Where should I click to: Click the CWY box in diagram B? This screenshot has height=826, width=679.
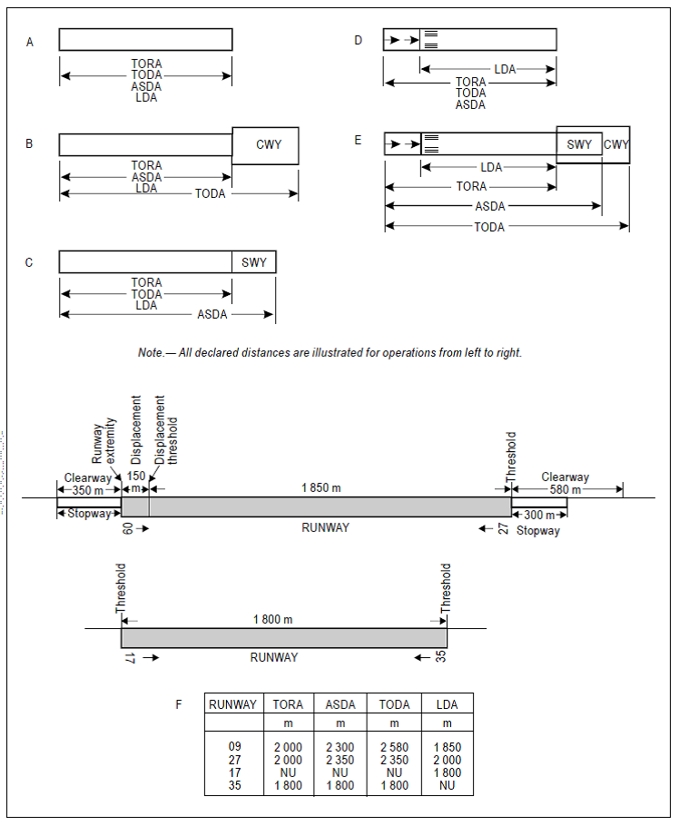265,145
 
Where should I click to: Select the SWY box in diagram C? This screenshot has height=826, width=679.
254,262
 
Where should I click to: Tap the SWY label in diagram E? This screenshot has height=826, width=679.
579,144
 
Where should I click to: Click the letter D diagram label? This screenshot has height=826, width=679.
358,41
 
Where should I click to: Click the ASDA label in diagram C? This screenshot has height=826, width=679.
212,315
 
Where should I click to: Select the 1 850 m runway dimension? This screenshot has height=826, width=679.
320,487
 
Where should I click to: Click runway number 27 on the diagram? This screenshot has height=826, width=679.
504,528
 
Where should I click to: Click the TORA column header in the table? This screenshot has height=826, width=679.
288,704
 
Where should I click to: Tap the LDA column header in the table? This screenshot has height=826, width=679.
447,704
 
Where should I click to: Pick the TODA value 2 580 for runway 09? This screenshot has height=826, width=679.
394,747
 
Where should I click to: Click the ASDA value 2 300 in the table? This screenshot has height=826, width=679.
340,747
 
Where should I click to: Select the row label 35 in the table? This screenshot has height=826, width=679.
234,785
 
